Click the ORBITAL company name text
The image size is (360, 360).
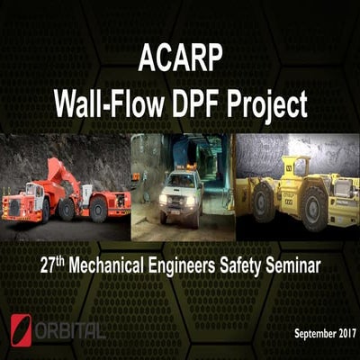tap(69, 329)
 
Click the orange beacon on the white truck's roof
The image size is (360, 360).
tap(181, 168)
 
